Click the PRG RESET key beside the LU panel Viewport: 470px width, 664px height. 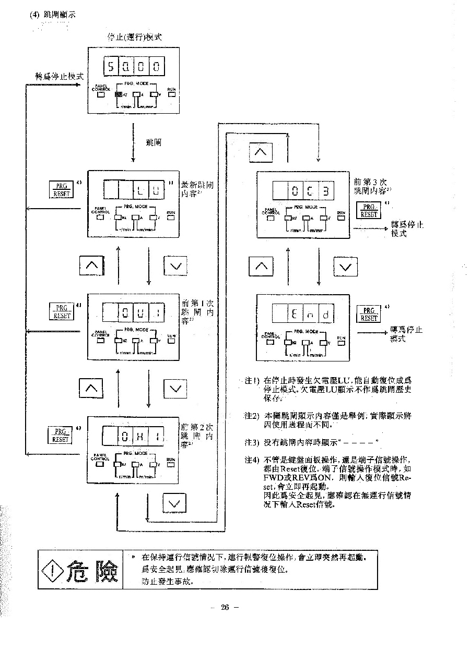[61, 189]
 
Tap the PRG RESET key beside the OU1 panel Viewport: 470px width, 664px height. [61, 311]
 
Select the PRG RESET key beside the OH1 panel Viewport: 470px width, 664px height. [61, 435]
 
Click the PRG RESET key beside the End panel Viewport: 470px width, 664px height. [369, 314]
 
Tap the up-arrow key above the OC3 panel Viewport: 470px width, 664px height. [262, 152]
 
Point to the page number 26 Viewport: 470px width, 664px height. [225, 607]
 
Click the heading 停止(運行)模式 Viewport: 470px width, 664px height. [134, 37]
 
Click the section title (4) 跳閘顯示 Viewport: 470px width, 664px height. [53, 15]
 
